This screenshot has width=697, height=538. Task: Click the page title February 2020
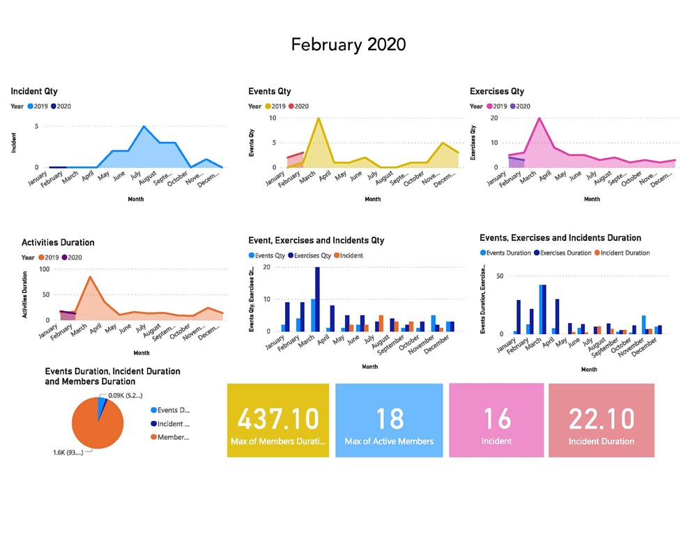(x=348, y=45)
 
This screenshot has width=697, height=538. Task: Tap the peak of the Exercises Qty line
(x=539, y=118)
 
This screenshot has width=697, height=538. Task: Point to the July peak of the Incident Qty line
(x=144, y=127)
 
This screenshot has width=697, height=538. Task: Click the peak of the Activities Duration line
(x=90, y=277)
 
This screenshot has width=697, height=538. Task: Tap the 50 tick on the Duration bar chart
(x=499, y=276)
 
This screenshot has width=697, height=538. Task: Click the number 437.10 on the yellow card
(x=278, y=419)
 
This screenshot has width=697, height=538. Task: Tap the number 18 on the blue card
(x=389, y=419)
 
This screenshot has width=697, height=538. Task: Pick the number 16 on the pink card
(x=496, y=419)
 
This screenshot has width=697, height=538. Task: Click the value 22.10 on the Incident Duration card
(x=601, y=419)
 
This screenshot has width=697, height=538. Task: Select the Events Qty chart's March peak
(x=319, y=118)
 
